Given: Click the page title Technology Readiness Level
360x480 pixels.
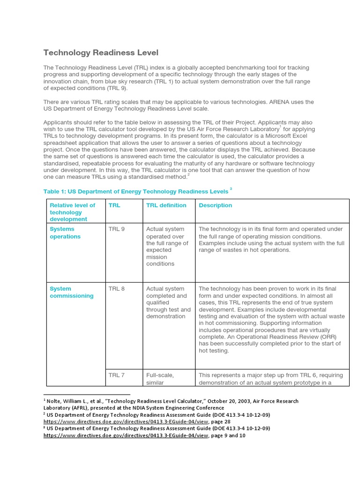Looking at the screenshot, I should click(x=101, y=52).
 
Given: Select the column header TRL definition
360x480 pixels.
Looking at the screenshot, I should click(x=166, y=205).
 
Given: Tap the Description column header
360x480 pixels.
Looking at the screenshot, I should click(x=215, y=205).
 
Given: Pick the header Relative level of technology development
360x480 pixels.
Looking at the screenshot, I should click(x=73, y=212).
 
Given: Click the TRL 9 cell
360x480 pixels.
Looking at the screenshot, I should click(x=117, y=229).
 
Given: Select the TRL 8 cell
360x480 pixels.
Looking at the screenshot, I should click(x=117, y=289).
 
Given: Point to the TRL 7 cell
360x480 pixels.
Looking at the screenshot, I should click(x=117, y=375).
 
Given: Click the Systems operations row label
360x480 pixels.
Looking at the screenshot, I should click(x=65, y=233).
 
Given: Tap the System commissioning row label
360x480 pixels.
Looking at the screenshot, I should click(x=72, y=292).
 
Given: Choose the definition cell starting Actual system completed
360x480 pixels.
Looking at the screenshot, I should click(x=168, y=302).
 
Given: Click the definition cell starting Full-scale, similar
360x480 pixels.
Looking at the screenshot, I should click(x=160, y=379).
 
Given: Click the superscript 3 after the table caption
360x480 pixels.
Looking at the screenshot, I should click(x=231, y=189).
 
